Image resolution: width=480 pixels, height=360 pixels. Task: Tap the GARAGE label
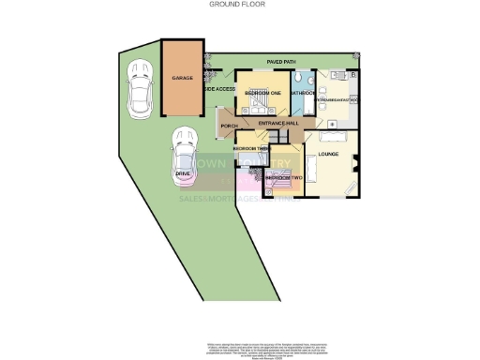coord(182,79)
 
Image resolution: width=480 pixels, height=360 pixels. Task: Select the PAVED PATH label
coord(281,62)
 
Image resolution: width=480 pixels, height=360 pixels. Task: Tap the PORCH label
coord(228,126)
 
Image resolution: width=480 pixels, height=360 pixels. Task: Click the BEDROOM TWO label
coord(282,177)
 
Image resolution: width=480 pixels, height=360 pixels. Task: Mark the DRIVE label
coord(184,173)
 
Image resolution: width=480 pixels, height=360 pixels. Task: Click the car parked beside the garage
coord(142,84)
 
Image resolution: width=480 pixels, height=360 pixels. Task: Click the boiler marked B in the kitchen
coord(352,74)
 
